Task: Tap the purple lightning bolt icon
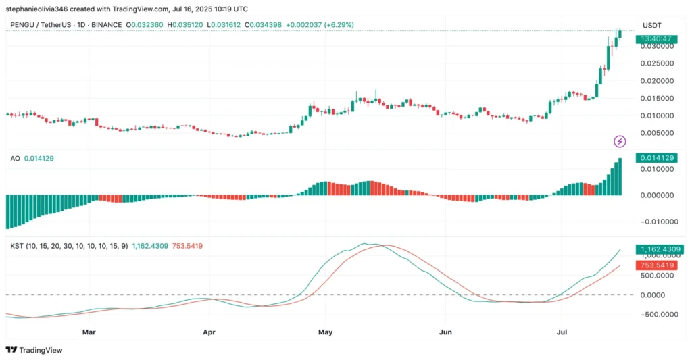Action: point(620,141)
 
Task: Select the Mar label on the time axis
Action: point(89,332)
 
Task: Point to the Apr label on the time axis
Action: point(209,332)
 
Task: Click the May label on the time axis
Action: point(326,332)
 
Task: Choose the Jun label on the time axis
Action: point(445,332)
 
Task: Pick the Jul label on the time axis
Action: point(562,332)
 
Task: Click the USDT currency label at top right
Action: point(651,25)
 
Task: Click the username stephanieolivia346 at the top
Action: point(41,9)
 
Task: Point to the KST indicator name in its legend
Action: point(16,246)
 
